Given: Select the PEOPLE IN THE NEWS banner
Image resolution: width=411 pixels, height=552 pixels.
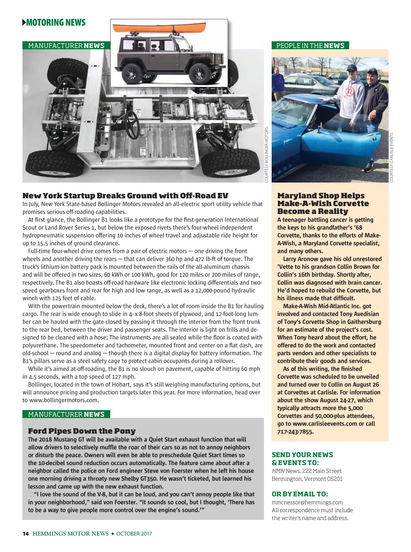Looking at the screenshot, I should tap(310, 46).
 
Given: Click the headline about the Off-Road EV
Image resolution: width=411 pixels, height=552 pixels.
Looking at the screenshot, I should tap(125, 196).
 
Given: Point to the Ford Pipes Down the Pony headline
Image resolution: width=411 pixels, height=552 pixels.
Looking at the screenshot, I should tap(82, 431).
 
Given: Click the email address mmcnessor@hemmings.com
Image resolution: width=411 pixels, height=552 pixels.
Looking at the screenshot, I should tap(307, 502).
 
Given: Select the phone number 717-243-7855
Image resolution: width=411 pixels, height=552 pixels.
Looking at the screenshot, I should tap(295, 432).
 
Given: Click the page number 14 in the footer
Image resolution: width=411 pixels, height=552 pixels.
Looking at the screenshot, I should tap(25, 534).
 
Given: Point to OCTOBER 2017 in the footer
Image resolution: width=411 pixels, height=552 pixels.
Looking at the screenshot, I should tap(134, 534).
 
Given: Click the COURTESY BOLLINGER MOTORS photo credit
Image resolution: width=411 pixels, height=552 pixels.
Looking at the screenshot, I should tap(267, 155).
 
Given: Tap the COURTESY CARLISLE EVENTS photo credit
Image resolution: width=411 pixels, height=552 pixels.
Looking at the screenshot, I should tap(391, 157).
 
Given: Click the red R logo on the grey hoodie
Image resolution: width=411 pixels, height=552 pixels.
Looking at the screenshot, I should tap(350, 92).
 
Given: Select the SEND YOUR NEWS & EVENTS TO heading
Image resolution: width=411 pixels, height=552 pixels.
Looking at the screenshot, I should tap(302, 459).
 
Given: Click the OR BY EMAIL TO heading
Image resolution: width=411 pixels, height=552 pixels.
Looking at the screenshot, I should tap(300, 494).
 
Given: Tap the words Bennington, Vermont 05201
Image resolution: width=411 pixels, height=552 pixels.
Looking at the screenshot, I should tap(307, 479).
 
